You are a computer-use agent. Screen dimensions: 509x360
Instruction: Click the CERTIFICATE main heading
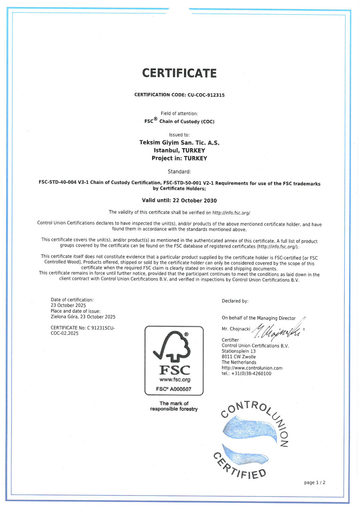click(179, 73)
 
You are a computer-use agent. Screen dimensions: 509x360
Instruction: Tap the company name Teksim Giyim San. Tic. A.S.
click(179, 143)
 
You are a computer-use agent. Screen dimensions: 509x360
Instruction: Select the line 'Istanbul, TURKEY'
click(179, 150)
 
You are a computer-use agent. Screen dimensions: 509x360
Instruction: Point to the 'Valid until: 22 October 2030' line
click(179, 200)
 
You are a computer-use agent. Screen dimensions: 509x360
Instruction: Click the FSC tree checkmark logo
click(173, 346)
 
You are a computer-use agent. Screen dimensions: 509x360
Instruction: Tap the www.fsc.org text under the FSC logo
click(174, 380)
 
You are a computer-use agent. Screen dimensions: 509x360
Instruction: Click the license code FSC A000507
click(174, 388)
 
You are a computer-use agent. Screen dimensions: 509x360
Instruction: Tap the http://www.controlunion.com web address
click(252, 368)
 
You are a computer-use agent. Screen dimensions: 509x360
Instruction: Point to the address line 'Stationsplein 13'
click(238, 351)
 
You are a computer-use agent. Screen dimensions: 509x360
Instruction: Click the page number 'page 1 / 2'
click(315, 482)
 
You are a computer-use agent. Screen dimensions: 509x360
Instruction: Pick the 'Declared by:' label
click(235, 301)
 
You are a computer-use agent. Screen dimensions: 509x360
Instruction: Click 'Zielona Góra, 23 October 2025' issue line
click(83, 317)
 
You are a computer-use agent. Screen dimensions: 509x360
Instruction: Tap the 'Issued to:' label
click(179, 135)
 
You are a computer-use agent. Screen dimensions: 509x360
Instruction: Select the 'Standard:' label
click(179, 171)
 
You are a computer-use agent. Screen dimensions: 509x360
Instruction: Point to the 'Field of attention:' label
click(179, 113)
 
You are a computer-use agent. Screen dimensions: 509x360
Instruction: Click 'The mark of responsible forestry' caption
click(174, 406)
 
